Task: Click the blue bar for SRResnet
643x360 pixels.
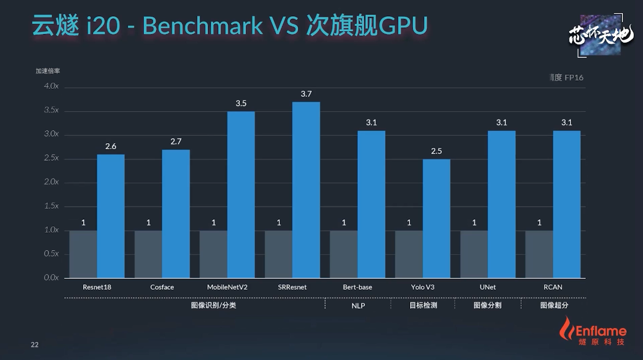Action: pos(306,189)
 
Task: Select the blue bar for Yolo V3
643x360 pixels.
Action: pos(436,218)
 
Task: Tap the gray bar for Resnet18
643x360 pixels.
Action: pos(83,254)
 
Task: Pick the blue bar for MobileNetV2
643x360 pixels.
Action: pos(241,195)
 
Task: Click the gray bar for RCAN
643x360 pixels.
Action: pos(539,254)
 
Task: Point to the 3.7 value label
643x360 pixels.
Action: pos(306,94)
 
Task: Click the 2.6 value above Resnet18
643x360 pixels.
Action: pos(111,146)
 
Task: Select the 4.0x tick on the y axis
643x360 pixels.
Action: pos(51,86)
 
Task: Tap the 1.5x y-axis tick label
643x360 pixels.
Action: pos(51,206)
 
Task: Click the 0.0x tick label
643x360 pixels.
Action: pos(51,277)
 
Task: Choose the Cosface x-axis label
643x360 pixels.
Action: pos(162,287)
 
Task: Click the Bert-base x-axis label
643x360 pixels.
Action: pos(358,287)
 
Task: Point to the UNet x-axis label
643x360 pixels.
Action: pos(487,287)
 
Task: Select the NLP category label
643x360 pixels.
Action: pos(358,305)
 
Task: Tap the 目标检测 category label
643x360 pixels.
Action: pos(423,305)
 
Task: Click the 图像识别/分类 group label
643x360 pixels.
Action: pos(213,305)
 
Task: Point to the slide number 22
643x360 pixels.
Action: pos(35,345)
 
